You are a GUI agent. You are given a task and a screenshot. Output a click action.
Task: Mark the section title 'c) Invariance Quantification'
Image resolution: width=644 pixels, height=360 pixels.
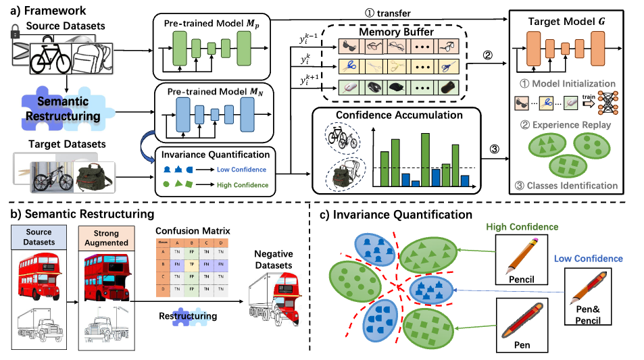(x=395, y=215)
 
